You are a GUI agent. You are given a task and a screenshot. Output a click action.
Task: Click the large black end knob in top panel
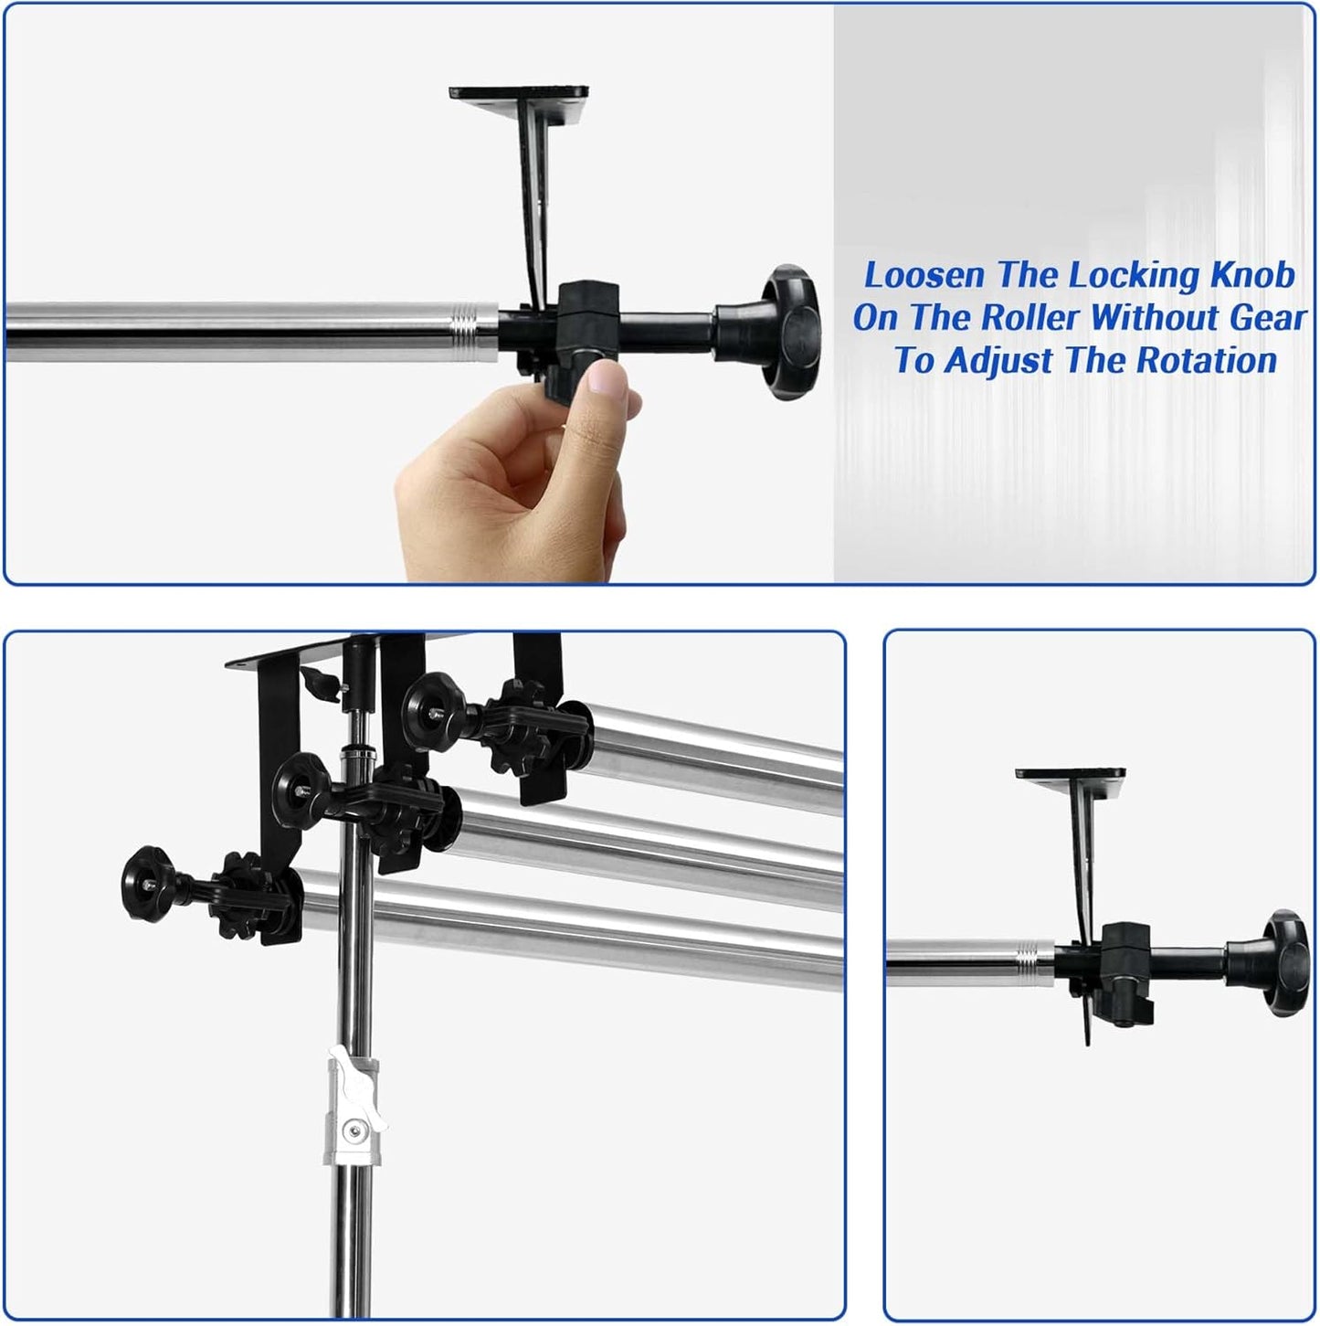pyautogui.click(x=791, y=332)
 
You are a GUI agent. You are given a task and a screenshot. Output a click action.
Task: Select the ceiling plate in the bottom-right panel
pyautogui.click(x=1071, y=774)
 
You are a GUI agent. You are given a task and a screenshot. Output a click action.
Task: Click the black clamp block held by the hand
pyautogui.click(x=584, y=330)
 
